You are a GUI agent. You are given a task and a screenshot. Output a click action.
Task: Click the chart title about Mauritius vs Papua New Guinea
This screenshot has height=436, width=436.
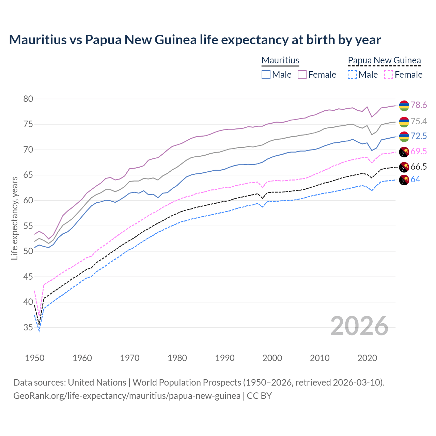click(195, 40)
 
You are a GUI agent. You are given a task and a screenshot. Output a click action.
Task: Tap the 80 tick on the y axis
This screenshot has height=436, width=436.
click(28, 99)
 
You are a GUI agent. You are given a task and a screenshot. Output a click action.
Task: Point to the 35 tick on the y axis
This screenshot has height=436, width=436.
click(28, 328)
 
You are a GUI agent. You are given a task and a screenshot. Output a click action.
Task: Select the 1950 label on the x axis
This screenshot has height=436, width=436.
click(35, 358)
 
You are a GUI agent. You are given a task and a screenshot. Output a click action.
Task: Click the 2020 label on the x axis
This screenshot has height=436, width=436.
click(367, 358)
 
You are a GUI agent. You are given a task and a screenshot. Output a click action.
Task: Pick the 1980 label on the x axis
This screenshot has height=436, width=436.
click(177, 358)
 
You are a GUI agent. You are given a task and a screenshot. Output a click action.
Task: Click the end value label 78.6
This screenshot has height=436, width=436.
click(419, 105)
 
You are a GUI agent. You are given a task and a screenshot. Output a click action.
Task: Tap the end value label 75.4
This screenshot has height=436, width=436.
click(419, 122)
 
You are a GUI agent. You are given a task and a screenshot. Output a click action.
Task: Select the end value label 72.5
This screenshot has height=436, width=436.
click(419, 136)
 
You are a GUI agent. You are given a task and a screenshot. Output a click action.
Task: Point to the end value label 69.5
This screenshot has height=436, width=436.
click(419, 152)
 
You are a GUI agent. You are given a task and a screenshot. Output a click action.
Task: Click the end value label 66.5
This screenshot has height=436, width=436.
click(419, 167)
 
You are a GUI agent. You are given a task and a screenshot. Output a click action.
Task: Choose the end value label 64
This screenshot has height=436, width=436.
click(415, 180)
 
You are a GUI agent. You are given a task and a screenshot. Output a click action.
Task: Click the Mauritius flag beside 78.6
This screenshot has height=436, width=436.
click(404, 106)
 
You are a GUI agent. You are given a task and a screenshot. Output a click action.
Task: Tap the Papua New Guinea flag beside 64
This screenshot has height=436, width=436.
click(404, 180)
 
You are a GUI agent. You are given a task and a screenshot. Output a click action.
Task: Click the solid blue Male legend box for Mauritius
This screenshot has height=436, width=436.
click(266, 75)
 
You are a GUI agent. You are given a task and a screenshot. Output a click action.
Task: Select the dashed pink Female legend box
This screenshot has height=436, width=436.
click(389, 75)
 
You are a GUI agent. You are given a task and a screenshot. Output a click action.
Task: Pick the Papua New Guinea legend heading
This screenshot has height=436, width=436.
click(384, 61)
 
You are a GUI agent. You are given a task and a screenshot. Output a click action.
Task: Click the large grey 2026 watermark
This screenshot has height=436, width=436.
click(359, 326)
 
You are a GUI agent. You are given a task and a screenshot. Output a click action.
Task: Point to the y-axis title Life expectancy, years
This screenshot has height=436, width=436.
click(14, 218)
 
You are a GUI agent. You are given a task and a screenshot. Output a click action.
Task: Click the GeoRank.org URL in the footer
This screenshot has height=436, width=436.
click(127, 396)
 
